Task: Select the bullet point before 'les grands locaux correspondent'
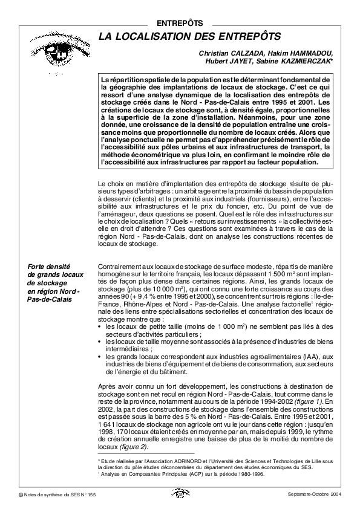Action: click(x=100, y=357)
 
